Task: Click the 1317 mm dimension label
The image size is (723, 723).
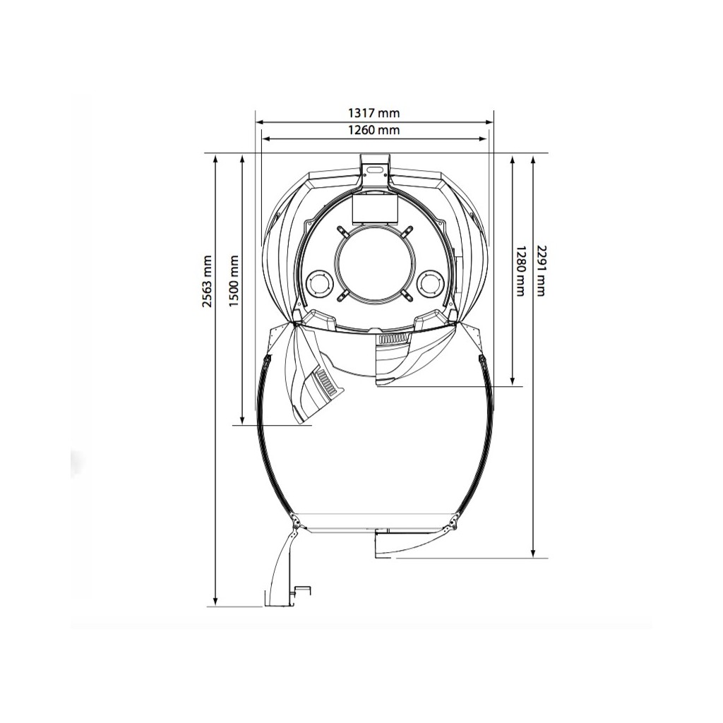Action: (x=374, y=113)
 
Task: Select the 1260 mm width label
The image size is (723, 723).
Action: (x=374, y=130)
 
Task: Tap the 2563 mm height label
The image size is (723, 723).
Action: (x=208, y=281)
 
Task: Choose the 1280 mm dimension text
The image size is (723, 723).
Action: (x=520, y=270)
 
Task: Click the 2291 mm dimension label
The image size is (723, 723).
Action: (x=540, y=270)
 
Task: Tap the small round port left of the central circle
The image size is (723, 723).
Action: (x=319, y=282)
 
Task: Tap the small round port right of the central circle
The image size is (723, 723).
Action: (x=429, y=282)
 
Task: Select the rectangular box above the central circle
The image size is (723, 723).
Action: (x=374, y=208)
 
